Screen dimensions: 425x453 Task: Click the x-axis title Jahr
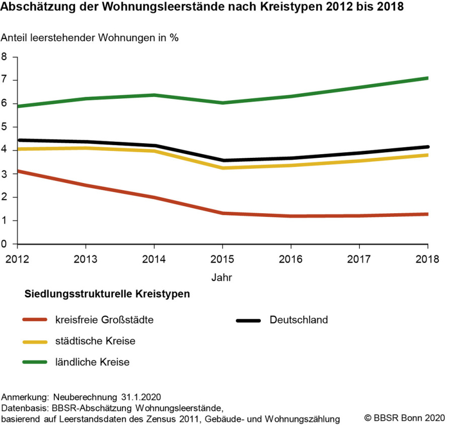pos(222,277)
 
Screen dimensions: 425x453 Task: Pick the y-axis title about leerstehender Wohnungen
pos(90,38)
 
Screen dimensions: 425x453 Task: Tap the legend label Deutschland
pos(298,320)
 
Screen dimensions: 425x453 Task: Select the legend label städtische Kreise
pos(95,341)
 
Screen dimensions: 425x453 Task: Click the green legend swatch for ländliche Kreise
pos(35,362)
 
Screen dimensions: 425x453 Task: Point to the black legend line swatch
pos(248,320)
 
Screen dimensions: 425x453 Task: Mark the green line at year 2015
pos(222,103)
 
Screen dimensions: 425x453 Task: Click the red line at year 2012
pos(18,171)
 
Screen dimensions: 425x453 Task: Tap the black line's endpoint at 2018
pos(427,147)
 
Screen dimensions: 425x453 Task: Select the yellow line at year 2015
pos(222,168)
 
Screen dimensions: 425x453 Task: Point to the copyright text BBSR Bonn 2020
pos(405,418)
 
